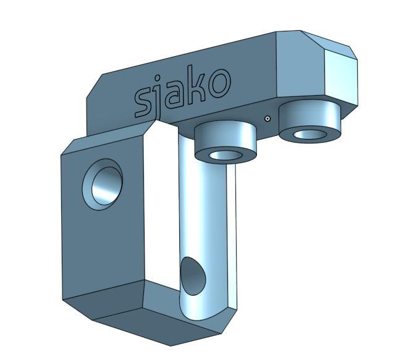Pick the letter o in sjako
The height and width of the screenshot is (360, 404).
click(x=219, y=82)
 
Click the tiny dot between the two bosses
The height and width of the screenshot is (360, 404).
click(x=267, y=119)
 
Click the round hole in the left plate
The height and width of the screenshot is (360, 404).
click(x=103, y=185)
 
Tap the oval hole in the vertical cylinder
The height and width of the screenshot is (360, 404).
click(x=193, y=276)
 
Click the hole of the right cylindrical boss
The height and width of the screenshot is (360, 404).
click(x=309, y=134)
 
